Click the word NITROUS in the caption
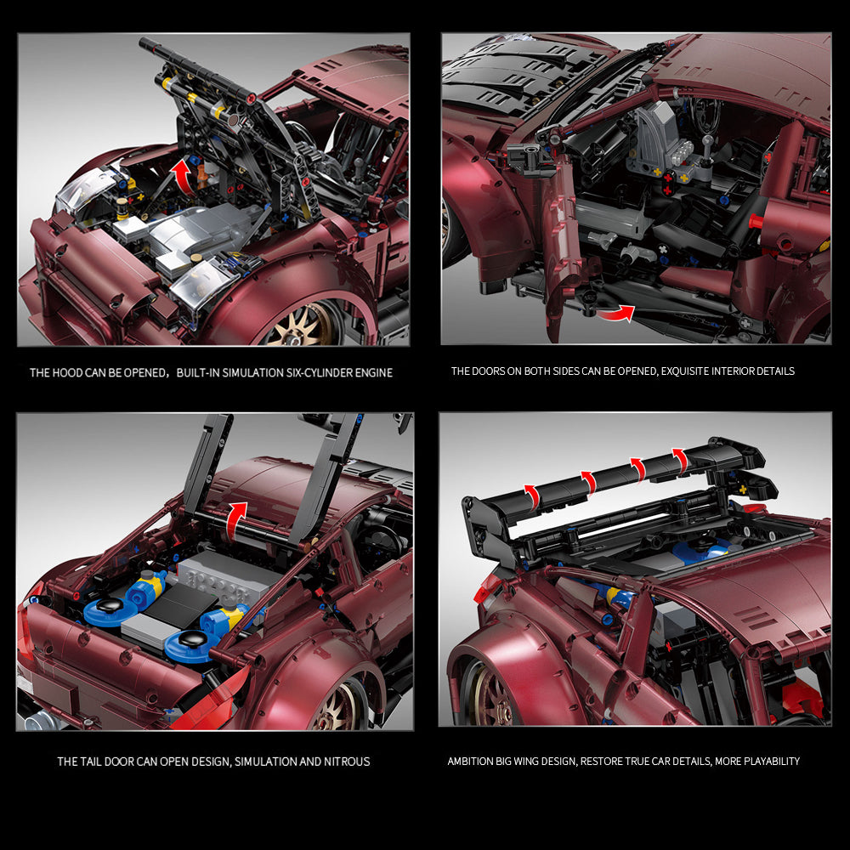point(347,762)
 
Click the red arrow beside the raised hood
point(183,176)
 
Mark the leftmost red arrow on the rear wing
point(532,496)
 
